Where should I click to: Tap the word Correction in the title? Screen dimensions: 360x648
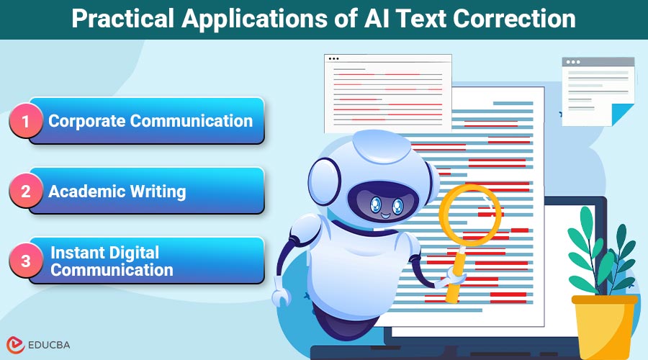(519, 19)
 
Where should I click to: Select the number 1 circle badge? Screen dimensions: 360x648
(26, 122)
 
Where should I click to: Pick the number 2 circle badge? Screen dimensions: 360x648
(26, 192)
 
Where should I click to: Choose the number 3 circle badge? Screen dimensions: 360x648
(26, 261)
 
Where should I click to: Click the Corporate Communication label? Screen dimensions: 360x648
(150, 121)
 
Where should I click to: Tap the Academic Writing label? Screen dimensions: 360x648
(117, 192)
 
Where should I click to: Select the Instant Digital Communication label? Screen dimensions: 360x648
(112, 261)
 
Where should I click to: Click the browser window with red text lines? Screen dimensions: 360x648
(387, 94)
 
